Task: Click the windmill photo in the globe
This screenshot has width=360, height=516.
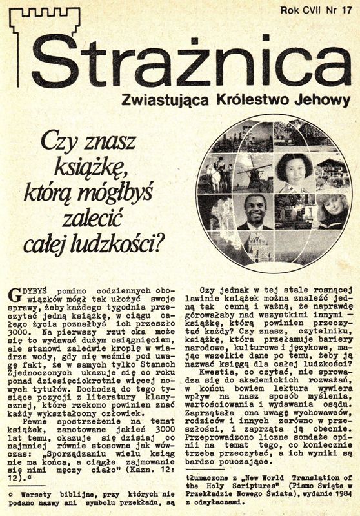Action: click(252, 171)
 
